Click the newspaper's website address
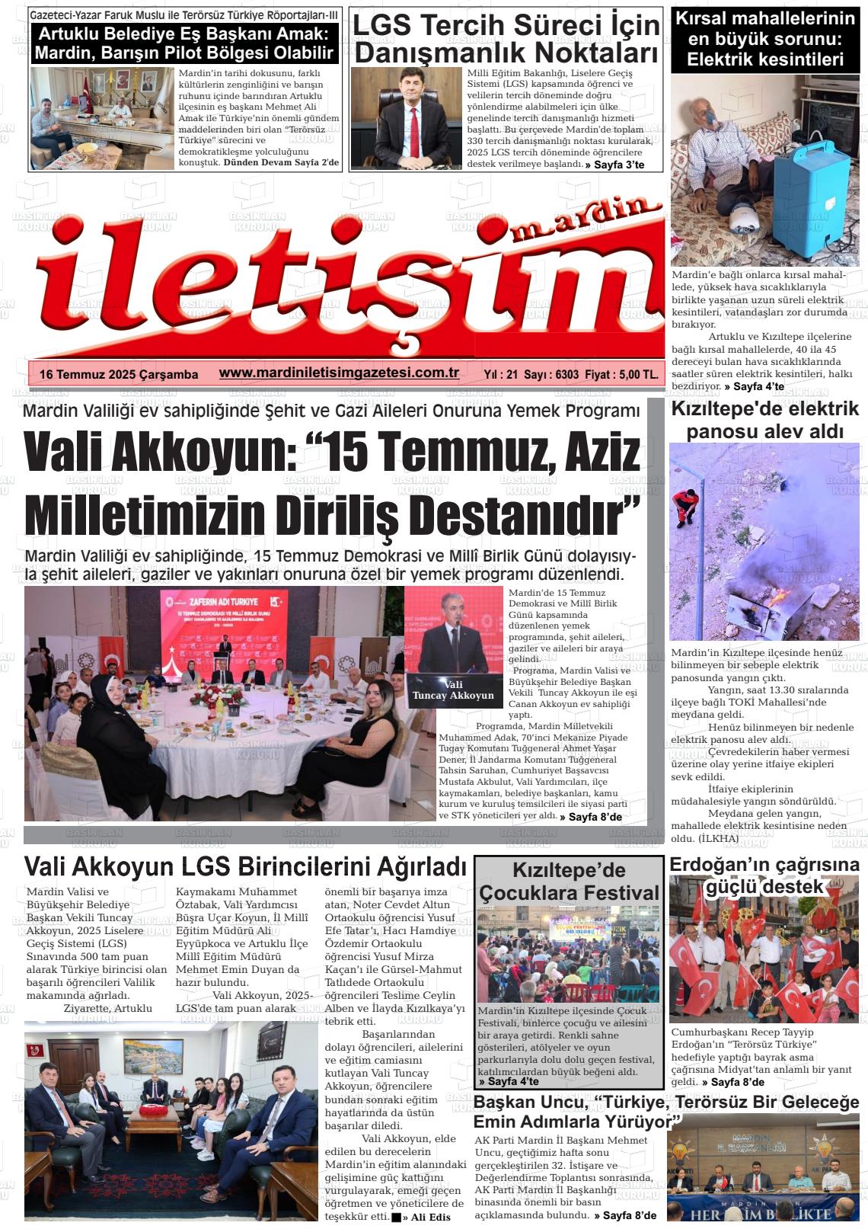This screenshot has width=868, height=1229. pyautogui.click(x=338, y=373)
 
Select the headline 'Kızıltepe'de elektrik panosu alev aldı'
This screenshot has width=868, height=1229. pyautogui.click(x=764, y=420)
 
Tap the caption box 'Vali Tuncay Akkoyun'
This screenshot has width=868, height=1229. pyautogui.click(x=452, y=690)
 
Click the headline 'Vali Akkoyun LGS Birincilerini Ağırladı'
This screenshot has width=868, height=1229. pyautogui.click(x=245, y=866)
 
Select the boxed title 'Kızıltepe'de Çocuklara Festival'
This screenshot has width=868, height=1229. pyautogui.click(x=569, y=881)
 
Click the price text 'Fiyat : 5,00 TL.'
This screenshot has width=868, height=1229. pyautogui.click(x=623, y=374)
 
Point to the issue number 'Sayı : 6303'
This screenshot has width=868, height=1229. pyautogui.click(x=551, y=374)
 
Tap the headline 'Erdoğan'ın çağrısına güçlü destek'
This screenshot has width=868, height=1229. pyautogui.click(x=764, y=875)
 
